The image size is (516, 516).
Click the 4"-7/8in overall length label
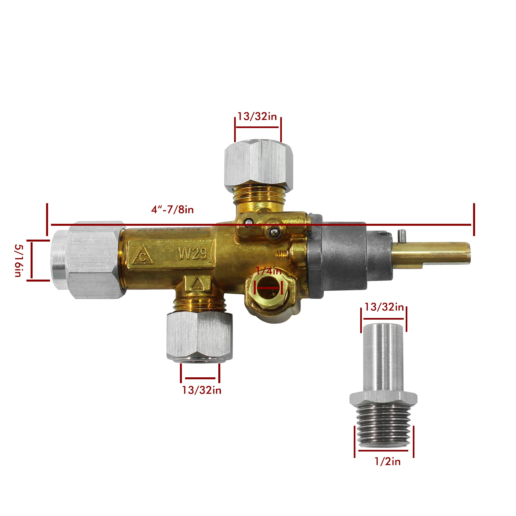click(173, 210)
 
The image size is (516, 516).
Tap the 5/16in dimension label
click(18, 260)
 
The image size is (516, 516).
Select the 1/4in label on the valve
click(269, 271)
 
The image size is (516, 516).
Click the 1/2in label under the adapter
click(387, 461)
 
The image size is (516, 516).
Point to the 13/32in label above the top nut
click(257, 116)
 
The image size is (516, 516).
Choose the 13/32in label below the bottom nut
click(202, 390)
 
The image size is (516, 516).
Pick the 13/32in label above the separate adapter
click(384, 307)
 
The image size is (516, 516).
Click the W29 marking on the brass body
click(193, 254)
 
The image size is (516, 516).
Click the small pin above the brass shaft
click(402, 235)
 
